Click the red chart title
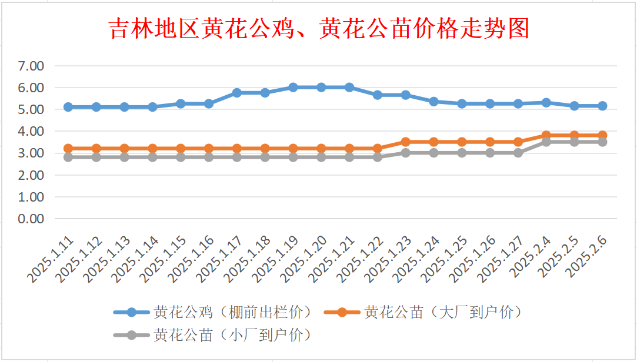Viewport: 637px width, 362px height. tap(319, 28)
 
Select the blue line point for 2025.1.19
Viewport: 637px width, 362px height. tap(294, 87)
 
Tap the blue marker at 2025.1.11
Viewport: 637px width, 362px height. tap(68, 107)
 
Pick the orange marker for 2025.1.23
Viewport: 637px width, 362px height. tap(405, 142)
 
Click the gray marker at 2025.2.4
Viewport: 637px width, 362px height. tap(546, 142)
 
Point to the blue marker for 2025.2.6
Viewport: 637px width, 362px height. tap(602, 106)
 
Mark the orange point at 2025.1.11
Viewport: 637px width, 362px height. tap(68, 149)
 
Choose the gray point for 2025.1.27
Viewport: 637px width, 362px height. tap(518, 153)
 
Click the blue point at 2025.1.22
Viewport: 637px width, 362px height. tap(378, 95)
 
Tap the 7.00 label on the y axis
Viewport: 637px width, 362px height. tap(31, 66)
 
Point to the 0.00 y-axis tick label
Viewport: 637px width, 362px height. tap(31, 219)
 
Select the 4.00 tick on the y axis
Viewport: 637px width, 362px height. tap(31, 131)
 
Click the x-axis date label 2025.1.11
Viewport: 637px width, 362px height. tap(51, 259)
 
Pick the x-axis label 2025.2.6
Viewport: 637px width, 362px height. tap(588, 256)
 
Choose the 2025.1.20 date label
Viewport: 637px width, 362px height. tap(304, 259)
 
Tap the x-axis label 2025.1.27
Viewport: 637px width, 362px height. tap(501, 259)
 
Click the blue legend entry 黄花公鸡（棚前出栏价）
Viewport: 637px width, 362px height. tap(213, 312)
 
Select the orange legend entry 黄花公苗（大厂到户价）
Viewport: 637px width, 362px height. tap(423, 312)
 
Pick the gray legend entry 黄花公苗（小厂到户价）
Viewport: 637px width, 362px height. tap(213, 335)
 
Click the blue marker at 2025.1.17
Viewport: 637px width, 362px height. tap(237, 93)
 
